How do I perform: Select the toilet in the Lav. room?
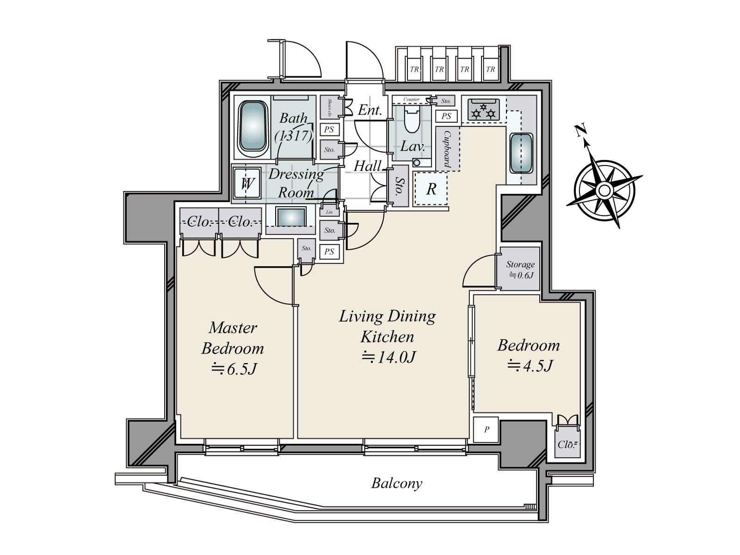click(411, 121)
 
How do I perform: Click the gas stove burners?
click(484, 111)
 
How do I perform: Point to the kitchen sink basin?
click(522, 153)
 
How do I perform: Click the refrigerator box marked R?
click(431, 189)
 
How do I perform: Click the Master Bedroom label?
click(233, 338)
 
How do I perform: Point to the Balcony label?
click(397, 484)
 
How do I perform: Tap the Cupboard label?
click(447, 149)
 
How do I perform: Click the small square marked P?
click(487, 430)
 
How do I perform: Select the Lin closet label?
click(329, 212)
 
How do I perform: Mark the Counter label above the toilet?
click(411, 99)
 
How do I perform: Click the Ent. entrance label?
click(370, 110)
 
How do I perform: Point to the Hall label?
click(368, 166)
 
